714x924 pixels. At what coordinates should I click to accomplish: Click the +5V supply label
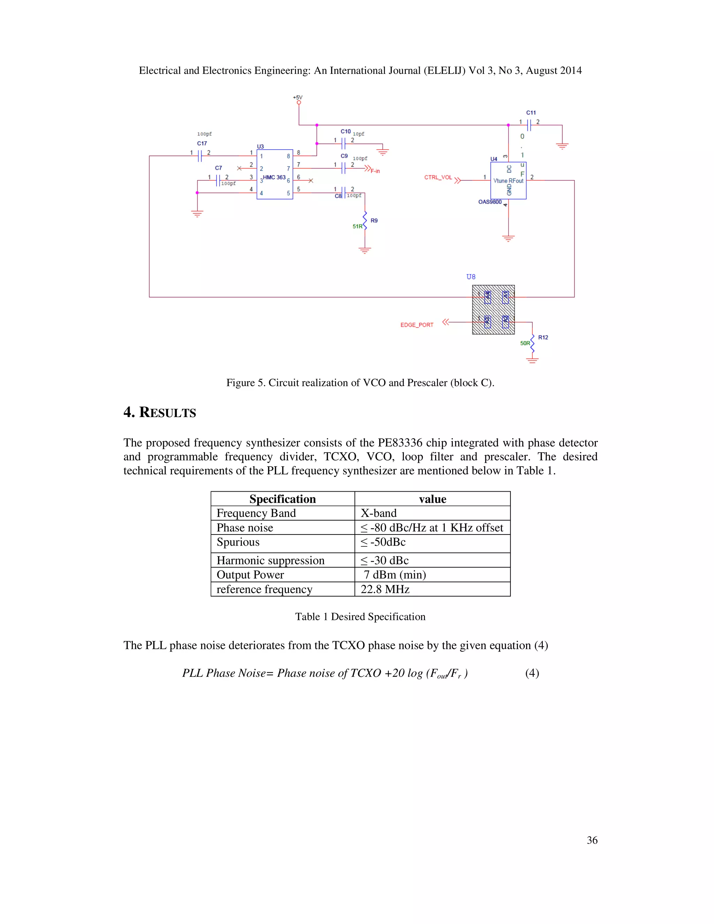pyautogui.click(x=298, y=97)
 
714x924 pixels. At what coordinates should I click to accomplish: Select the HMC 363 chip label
pyautogui.click(x=274, y=177)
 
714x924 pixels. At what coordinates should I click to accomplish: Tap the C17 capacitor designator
pyautogui.click(x=202, y=143)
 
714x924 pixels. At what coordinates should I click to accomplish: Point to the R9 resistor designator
pyautogui.click(x=374, y=220)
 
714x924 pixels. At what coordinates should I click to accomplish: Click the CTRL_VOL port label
pyautogui.click(x=438, y=177)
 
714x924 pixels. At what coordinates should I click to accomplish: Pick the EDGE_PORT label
pyautogui.click(x=417, y=325)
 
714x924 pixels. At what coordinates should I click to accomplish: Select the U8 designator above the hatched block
pyautogui.click(x=471, y=277)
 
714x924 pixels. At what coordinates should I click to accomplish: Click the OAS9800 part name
pyautogui.click(x=490, y=202)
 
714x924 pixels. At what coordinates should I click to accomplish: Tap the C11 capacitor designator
pyautogui.click(x=531, y=113)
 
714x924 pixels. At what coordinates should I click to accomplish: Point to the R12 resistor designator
pyautogui.click(x=543, y=337)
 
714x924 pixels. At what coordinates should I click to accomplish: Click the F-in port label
pyautogui.click(x=375, y=171)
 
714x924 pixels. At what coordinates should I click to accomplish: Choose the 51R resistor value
pyautogui.click(x=357, y=226)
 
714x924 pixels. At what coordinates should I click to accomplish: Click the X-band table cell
pyautogui.click(x=379, y=513)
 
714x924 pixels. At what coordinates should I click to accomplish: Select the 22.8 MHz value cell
pyautogui.click(x=385, y=589)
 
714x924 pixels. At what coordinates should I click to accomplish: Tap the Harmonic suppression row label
pyautogui.click(x=270, y=561)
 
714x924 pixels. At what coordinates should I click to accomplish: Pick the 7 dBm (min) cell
pyautogui.click(x=395, y=575)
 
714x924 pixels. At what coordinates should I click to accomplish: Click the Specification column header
pyautogui.click(x=282, y=499)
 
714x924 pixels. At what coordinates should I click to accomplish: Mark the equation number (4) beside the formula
pyautogui.click(x=532, y=673)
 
